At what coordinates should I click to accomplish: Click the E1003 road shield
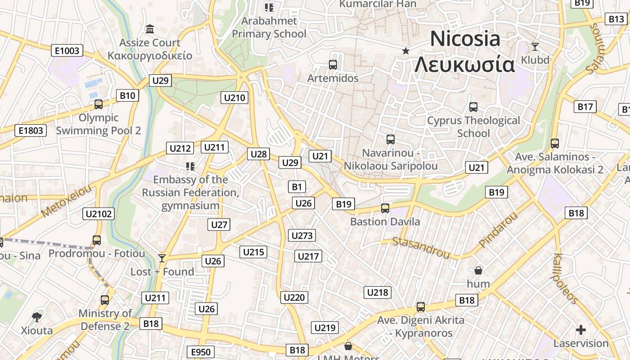click(67, 50)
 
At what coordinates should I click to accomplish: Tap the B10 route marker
click(127, 95)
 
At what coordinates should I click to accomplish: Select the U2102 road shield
click(99, 214)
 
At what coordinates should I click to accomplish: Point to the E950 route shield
click(201, 352)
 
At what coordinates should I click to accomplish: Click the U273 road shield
click(302, 235)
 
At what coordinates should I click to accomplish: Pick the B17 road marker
click(585, 107)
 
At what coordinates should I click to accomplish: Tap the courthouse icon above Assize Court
click(150, 30)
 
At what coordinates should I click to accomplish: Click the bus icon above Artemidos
click(333, 65)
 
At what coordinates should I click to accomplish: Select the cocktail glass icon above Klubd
click(535, 46)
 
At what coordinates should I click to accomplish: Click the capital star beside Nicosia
click(406, 51)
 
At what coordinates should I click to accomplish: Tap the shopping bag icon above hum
click(478, 270)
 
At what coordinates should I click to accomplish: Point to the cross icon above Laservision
click(581, 330)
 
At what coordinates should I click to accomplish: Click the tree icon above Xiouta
click(37, 317)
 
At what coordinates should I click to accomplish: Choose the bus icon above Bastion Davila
click(385, 208)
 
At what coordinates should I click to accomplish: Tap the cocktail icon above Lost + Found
click(162, 258)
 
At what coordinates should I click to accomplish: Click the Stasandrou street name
click(421, 248)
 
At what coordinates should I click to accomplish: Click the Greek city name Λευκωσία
click(464, 65)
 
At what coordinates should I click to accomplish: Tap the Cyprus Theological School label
click(473, 127)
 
